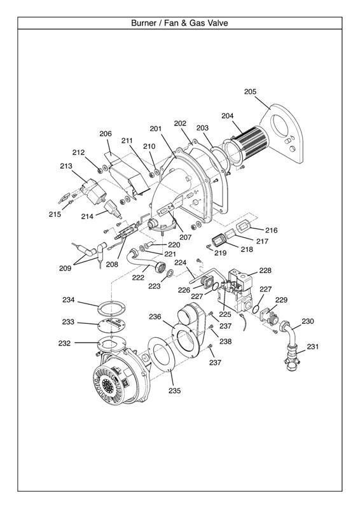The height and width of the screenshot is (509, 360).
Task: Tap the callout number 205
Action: [250, 92]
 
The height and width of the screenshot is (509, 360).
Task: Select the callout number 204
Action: [228, 116]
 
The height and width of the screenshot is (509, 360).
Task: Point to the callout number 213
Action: [66, 166]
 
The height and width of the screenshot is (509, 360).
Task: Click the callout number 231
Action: [312, 347]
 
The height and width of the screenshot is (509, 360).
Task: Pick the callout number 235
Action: [174, 391]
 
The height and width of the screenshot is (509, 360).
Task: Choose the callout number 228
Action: [265, 270]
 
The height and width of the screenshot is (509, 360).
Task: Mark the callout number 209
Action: [65, 268]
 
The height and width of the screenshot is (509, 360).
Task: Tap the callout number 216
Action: [272, 230]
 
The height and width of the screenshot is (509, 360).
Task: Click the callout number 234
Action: [68, 300]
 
